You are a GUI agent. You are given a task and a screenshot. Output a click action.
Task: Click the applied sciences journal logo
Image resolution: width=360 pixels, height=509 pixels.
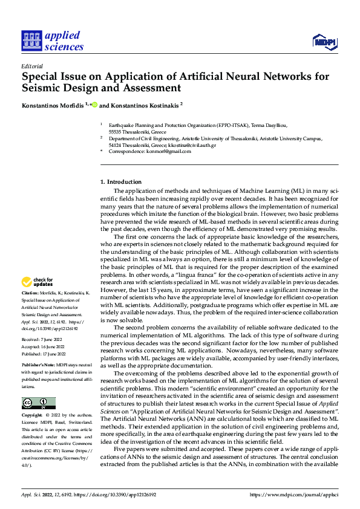click(x=52, y=41)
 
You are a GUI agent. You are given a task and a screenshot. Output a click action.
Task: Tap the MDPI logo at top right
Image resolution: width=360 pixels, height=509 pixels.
click(x=324, y=41)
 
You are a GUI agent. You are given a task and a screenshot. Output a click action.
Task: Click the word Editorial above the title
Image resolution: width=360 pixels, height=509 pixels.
click(x=32, y=66)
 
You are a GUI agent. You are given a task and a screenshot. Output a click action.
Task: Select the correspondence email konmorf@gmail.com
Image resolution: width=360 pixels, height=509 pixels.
click(x=170, y=152)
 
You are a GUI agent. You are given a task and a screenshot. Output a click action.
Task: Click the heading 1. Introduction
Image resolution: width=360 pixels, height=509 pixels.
click(x=121, y=182)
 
